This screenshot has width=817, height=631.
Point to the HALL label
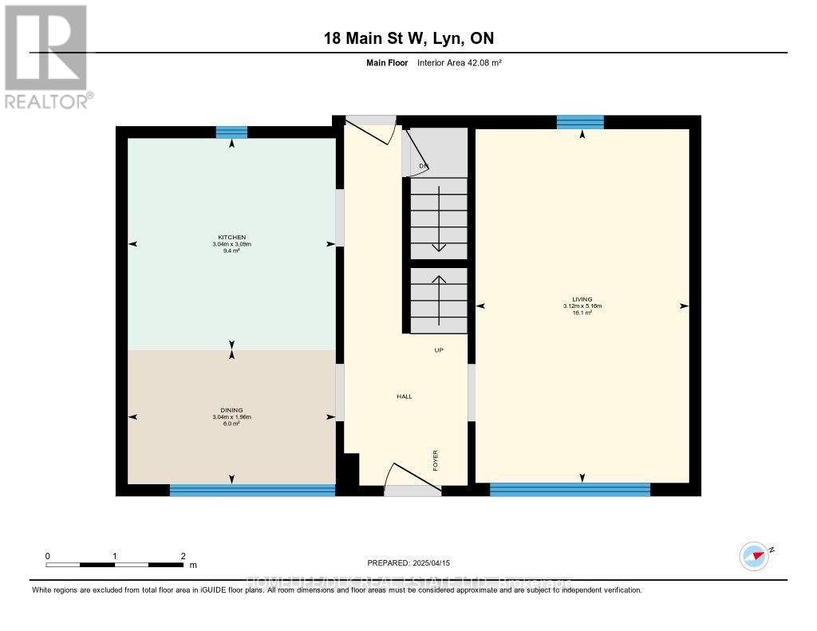(x=405, y=396)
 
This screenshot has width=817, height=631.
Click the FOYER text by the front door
(x=436, y=460)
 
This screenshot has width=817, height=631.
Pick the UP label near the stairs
(x=438, y=350)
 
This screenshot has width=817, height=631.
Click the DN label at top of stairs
(x=424, y=166)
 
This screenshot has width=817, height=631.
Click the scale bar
(x=115, y=565)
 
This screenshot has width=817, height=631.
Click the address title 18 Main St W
(x=408, y=38)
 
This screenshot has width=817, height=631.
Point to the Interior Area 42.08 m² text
(x=459, y=62)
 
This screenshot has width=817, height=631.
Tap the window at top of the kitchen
(x=231, y=132)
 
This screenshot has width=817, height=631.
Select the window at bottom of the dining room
(x=252, y=490)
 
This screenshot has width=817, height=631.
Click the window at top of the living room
(x=580, y=122)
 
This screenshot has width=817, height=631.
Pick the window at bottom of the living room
(x=570, y=490)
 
